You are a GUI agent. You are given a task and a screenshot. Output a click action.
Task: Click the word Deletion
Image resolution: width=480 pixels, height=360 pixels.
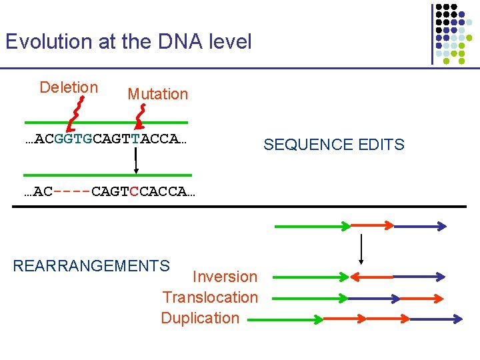point(69,87)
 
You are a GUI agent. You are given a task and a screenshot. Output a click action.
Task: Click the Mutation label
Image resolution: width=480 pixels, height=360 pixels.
point(157,94)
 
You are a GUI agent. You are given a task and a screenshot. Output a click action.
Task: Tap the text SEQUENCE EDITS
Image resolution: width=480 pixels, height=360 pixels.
point(333,145)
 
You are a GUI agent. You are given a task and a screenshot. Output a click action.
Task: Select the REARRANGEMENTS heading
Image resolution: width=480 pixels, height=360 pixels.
point(91,266)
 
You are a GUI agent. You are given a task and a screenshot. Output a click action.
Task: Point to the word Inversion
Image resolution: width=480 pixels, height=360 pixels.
point(224,277)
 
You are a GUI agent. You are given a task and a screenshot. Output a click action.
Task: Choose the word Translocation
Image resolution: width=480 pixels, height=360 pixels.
point(210,297)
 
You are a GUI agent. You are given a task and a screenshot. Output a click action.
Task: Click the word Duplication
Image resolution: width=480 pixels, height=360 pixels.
point(200,318)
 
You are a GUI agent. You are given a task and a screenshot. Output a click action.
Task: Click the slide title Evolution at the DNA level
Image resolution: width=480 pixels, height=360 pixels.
point(129,42)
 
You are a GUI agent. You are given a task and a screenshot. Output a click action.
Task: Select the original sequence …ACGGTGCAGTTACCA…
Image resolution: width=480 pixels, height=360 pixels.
point(105,139)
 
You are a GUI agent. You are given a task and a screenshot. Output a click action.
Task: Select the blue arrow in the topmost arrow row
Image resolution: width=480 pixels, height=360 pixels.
point(419,227)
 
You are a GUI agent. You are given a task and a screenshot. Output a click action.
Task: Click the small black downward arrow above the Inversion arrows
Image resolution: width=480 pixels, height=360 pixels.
point(361,249)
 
